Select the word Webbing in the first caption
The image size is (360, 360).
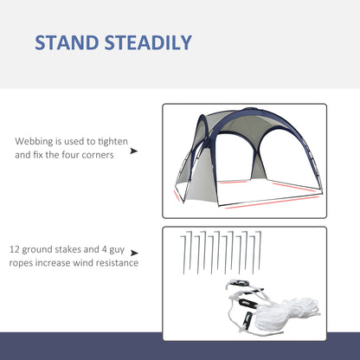(x=35, y=141)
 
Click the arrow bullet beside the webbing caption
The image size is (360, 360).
(x=133, y=150)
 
